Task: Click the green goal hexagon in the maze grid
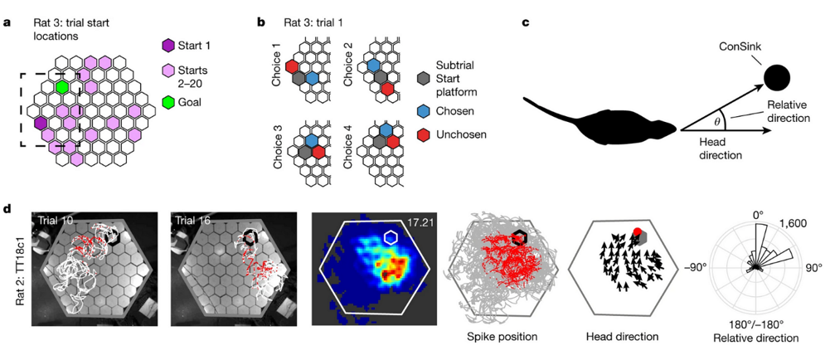62,86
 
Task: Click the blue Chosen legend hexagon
424,108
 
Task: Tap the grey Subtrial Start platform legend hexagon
424,76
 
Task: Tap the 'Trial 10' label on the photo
56,220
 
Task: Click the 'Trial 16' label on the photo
192,220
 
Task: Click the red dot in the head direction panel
637,231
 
